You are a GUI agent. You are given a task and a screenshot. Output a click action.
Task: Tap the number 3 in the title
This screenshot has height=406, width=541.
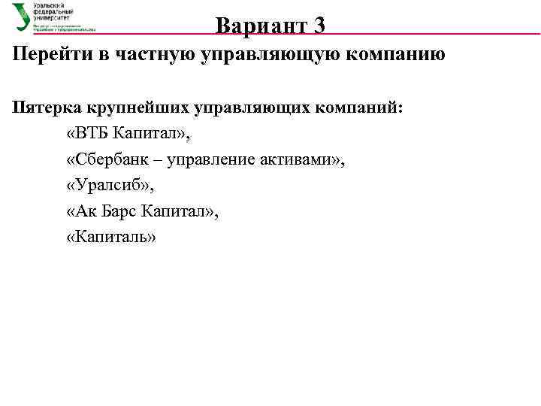pos(319,26)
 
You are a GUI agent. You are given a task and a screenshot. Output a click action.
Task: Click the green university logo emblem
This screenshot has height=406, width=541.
pos(21,17)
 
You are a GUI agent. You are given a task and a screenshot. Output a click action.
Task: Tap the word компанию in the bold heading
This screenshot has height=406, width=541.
pos(392,55)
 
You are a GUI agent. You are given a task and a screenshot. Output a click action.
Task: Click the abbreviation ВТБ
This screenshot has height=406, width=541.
pos(92,134)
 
